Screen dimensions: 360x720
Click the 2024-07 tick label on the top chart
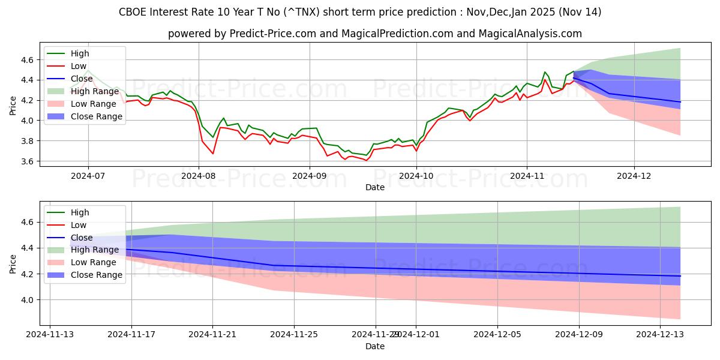coord(88,176)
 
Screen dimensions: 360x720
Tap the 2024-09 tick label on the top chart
coord(309,176)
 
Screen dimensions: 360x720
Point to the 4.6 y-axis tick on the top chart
coord(26,60)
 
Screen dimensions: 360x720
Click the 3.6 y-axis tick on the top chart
coord(26,161)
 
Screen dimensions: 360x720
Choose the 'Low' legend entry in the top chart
coord(78,66)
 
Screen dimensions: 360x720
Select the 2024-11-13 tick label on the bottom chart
coord(50,335)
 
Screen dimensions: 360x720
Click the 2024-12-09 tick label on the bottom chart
coord(579,335)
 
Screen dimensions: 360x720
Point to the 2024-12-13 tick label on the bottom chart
coord(660,335)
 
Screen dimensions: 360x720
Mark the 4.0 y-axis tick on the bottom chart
coord(26,300)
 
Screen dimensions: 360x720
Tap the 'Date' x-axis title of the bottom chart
coord(375,346)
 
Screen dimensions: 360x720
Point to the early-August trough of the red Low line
coord(212,154)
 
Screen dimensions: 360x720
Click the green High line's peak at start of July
coord(88,70)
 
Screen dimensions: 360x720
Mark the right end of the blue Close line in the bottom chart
coord(680,276)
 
